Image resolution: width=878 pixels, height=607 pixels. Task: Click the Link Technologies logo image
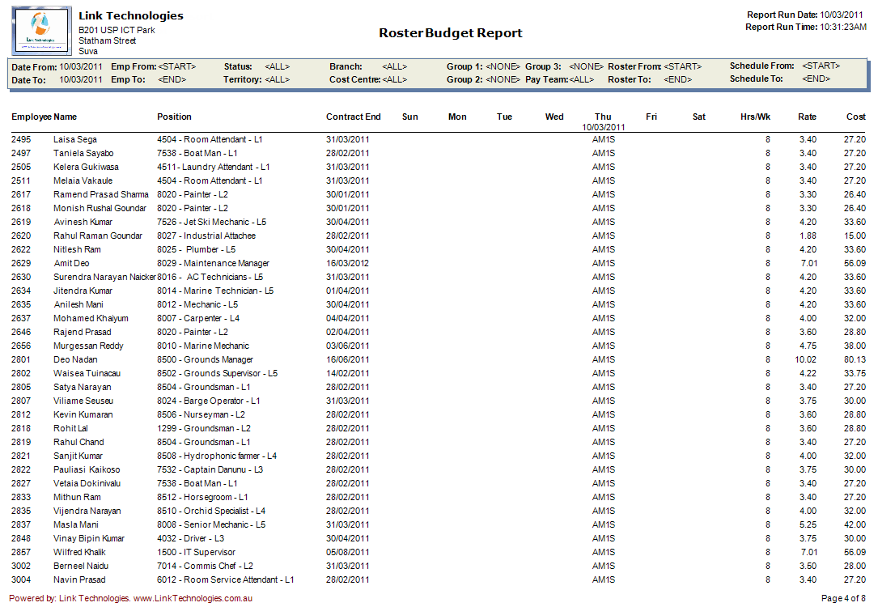[40, 31]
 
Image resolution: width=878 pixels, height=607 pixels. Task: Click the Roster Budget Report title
[451, 33]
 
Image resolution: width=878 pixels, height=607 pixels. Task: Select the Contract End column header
[353, 117]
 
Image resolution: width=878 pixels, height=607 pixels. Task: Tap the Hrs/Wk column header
[755, 117]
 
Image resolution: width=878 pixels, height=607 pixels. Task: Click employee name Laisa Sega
[75, 140]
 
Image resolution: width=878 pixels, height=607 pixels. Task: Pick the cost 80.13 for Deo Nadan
[855, 360]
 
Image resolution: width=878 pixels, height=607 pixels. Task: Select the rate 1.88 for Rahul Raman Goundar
[807, 236]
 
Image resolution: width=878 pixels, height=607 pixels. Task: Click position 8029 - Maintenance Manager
[213, 264]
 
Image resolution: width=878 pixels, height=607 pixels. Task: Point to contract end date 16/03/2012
[347, 264]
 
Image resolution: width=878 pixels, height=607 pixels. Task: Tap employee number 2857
[21, 553]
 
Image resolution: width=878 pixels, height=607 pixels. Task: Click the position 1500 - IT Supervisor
[196, 553]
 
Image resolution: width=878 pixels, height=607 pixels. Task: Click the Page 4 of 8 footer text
[844, 598]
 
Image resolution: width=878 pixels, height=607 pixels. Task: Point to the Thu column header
[603, 117]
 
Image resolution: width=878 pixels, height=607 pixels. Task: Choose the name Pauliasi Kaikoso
[87, 470]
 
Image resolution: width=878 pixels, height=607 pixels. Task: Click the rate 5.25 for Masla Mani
[807, 525]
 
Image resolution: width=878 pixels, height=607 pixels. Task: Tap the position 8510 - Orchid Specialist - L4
[211, 511]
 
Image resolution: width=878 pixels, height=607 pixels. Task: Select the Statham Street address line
[107, 40]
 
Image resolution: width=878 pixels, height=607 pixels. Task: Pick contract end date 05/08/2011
[347, 553]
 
